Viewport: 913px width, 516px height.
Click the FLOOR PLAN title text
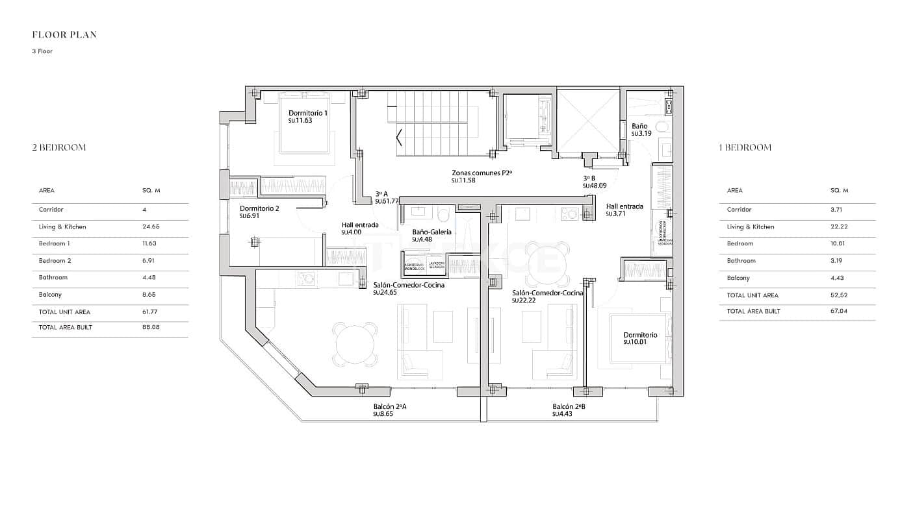64,35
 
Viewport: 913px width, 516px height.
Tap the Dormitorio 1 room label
308,113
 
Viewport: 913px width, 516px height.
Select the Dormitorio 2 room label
259,208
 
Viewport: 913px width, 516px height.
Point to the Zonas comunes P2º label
482,173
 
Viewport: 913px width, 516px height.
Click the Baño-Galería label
431,232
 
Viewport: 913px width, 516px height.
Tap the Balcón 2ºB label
569,407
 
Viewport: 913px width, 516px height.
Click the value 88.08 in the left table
151,328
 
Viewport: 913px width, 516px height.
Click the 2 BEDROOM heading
59,147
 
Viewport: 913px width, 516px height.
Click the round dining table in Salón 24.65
355,344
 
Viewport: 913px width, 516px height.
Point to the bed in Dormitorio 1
305,123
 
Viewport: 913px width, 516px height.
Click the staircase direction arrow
399,138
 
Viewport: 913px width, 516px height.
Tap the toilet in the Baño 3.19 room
662,127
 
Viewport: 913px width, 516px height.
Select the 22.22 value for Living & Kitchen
839,227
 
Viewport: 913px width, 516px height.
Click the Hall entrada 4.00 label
360,225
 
